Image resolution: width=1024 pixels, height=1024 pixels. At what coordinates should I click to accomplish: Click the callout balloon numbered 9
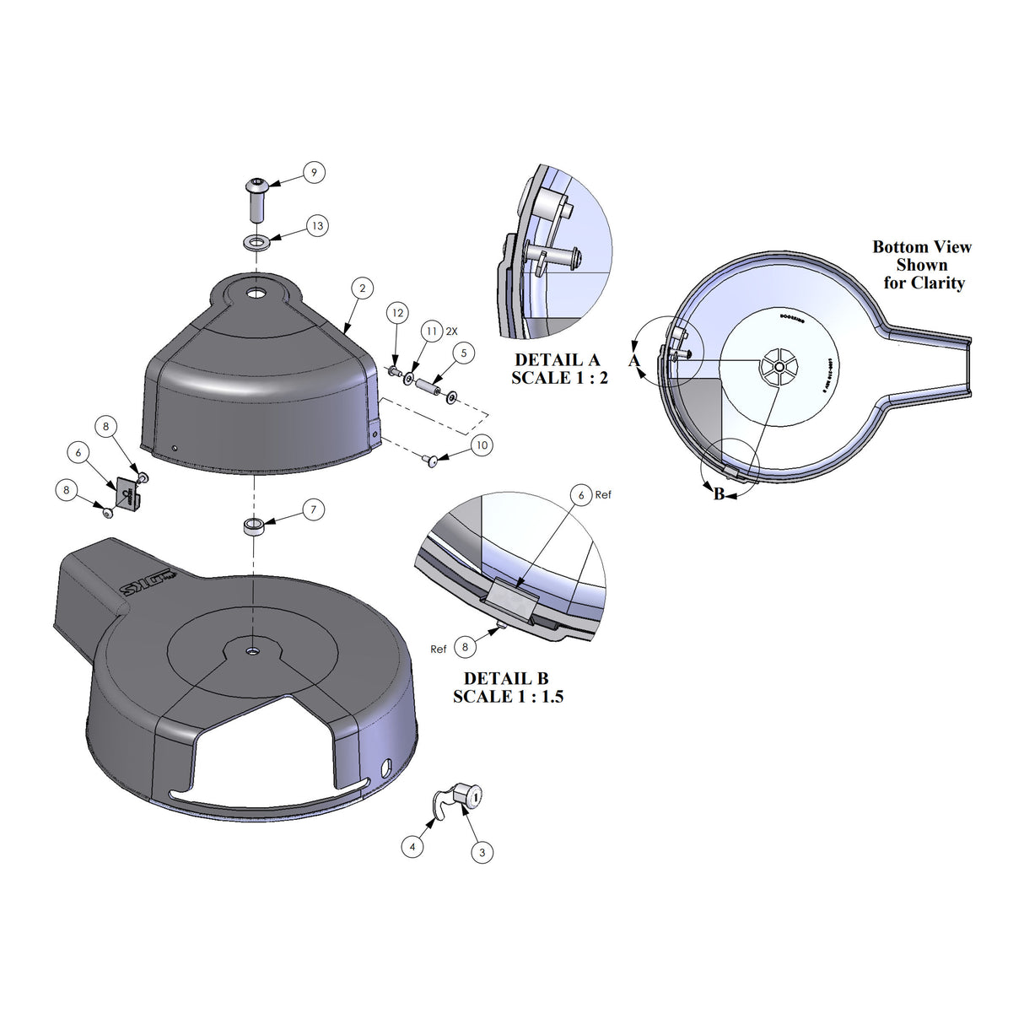click(314, 173)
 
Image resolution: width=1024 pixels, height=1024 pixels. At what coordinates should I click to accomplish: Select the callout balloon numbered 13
click(316, 226)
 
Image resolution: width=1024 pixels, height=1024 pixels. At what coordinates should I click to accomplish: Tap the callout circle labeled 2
click(363, 288)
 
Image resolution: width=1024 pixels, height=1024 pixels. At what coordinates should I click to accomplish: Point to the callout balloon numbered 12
click(398, 313)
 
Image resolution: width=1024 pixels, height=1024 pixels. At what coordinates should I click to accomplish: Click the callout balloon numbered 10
click(482, 445)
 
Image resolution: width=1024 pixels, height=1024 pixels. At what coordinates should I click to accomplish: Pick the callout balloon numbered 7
click(313, 509)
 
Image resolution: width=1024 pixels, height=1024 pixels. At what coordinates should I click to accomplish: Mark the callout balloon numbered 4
click(412, 846)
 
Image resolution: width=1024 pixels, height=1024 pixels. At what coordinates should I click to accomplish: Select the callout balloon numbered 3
click(482, 852)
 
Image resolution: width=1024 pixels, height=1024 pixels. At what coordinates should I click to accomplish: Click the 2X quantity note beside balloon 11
click(451, 331)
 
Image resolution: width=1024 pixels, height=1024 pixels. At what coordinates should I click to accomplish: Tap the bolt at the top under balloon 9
click(256, 197)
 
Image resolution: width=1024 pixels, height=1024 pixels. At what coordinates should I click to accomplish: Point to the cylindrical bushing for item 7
click(254, 527)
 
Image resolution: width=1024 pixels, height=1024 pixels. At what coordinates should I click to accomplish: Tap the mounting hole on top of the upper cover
click(255, 295)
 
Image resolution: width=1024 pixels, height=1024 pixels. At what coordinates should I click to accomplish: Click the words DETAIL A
click(557, 360)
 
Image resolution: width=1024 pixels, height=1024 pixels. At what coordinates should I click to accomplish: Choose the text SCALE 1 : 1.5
click(508, 697)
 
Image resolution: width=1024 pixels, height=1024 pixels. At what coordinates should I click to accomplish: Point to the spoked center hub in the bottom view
click(778, 366)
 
